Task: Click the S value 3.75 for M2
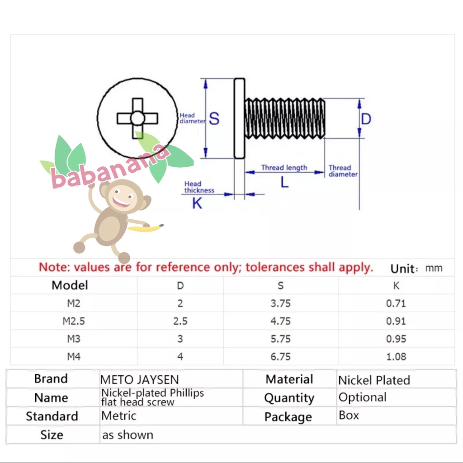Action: click(281, 303)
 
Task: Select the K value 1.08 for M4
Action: click(396, 357)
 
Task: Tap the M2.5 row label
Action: click(74, 321)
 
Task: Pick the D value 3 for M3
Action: click(180, 339)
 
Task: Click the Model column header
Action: click(70, 285)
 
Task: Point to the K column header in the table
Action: click(396, 286)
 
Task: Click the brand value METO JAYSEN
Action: click(140, 379)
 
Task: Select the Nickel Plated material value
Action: click(374, 380)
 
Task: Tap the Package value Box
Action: click(349, 415)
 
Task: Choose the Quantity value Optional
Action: click(362, 397)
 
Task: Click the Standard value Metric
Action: click(118, 415)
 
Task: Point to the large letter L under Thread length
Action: click(284, 183)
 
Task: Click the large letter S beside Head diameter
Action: click(214, 119)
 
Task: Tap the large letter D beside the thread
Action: click(366, 119)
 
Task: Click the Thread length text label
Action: click(284, 168)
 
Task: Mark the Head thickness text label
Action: click(198, 187)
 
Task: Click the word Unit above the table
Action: click(402, 269)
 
